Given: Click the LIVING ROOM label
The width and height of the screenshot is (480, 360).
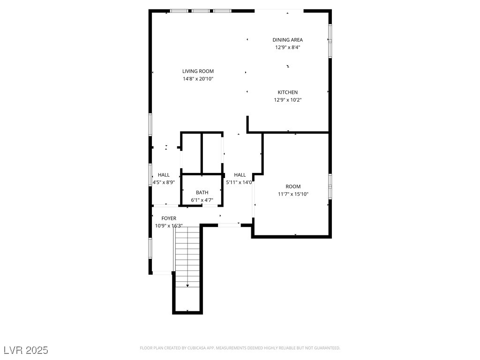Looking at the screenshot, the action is pyautogui.click(x=198, y=71).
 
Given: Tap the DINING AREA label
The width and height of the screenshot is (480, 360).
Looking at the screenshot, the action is pyautogui.click(x=287, y=40).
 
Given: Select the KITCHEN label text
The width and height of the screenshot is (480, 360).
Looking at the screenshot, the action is pyautogui.click(x=287, y=92).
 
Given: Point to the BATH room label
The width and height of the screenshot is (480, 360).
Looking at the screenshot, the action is pyautogui.click(x=202, y=193).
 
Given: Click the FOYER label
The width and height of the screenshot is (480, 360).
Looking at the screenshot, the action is pyautogui.click(x=169, y=218).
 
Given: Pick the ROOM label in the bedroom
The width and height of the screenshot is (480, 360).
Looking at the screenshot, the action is pyautogui.click(x=293, y=187).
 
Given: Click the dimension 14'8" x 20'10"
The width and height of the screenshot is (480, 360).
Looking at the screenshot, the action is pyautogui.click(x=198, y=79).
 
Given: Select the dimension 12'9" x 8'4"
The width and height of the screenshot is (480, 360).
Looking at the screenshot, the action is pyautogui.click(x=287, y=47).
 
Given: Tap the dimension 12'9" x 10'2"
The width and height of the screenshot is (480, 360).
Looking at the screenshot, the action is pyautogui.click(x=288, y=100).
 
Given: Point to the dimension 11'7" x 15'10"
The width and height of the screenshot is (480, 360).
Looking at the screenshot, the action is pyautogui.click(x=293, y=194).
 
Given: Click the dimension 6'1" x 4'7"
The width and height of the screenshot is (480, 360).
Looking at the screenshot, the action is pyautogui.click(x=202, y=200).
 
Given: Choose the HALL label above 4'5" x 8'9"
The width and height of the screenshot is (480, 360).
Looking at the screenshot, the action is pyautogui.click(x=164, y=175).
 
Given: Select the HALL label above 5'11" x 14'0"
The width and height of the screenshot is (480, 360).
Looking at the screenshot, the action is pyautogui.click(x=240, y=175).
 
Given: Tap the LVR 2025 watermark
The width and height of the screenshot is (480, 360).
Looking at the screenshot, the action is pyautogui.click(x=26, y=350).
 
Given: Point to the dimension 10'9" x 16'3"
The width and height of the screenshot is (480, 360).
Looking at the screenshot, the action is pyautogui.click(x=169, y=226).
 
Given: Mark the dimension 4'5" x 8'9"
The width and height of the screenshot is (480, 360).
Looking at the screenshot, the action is pyautogui.click(x=164, y=182).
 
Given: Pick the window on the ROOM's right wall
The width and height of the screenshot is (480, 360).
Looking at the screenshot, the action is pyautogui.click(x=330, y=186).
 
